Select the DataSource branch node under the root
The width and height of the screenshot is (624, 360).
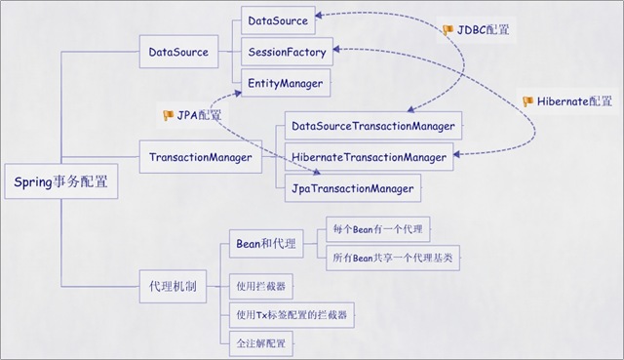(178, 52)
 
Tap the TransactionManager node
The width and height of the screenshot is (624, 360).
(201, 156)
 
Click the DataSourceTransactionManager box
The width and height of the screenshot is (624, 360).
(372, 127)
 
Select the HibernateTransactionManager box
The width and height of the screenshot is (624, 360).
(370, 156)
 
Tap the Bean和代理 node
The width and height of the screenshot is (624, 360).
(265, 243)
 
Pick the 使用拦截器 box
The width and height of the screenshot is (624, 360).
(261, 287)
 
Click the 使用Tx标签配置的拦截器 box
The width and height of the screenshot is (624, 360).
(291, 315)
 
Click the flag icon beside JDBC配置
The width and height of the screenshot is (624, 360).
(448, 30)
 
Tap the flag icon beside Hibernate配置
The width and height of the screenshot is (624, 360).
(527, 100)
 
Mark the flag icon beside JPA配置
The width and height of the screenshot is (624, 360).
(168, 115)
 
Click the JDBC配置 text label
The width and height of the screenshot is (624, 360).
(484, 30)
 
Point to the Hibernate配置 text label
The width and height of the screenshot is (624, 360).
(574, 100)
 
